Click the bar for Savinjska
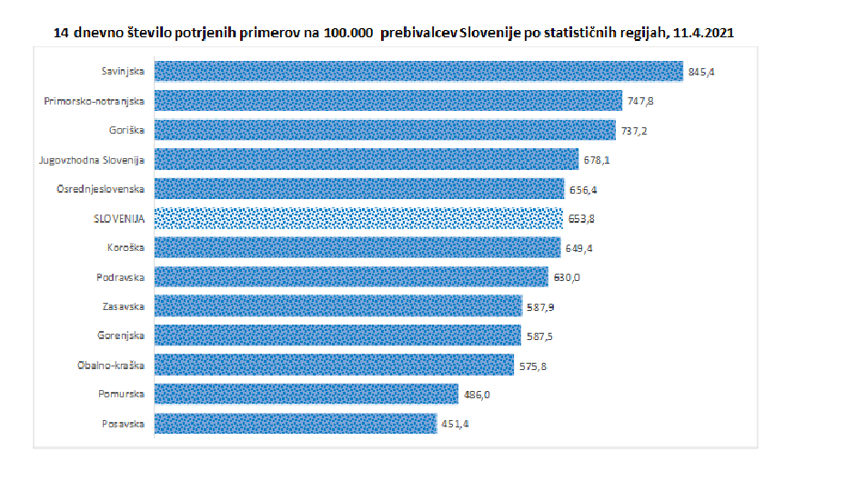coord(418,72)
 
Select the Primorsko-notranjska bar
coord(388,101)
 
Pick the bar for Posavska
coord(296,424)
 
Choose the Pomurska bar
coord(306,395)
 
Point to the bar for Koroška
coord(357,247)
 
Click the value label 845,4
coord(701,72)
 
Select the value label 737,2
coord(634,131)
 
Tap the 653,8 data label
coord(582,218)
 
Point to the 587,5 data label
coord(538,336)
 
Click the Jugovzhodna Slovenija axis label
coord(93,160)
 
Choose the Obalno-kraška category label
coord(113,366)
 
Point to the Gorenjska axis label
coord(122,336)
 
